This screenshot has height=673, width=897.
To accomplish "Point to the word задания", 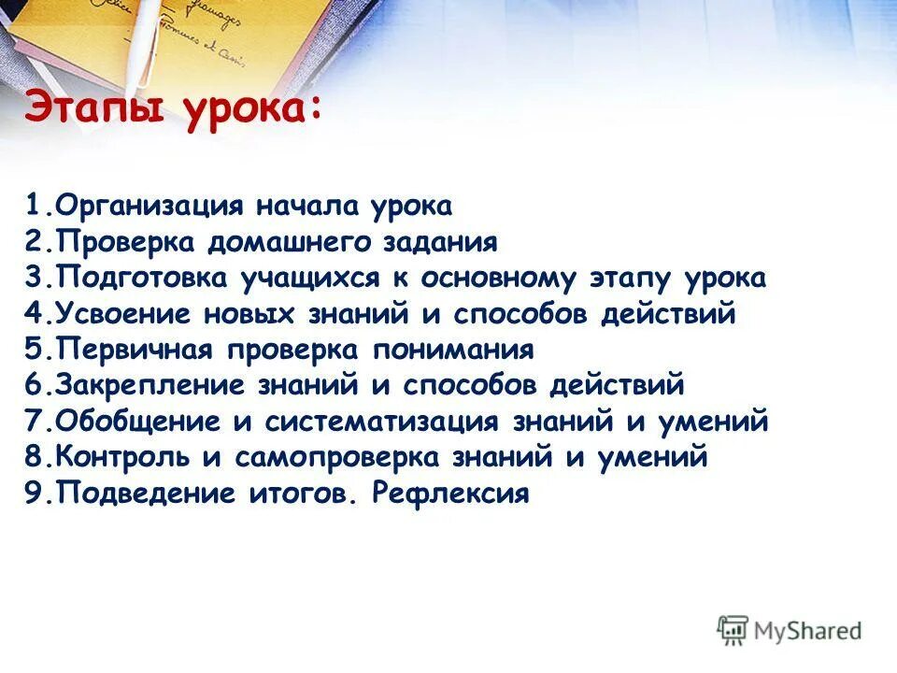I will pyautogui.click(x=440, y=243).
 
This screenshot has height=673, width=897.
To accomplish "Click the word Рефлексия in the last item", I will pyautogui.click(x=450, y=493).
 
